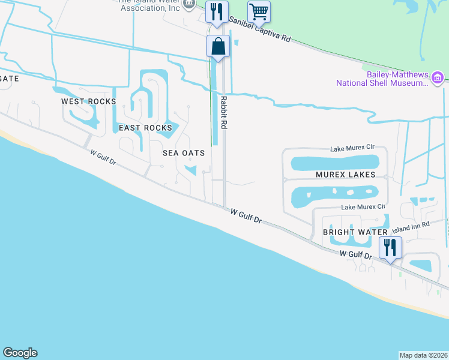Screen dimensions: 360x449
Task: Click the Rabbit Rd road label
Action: (224, 113)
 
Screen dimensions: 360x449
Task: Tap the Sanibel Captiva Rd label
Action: (259, 29)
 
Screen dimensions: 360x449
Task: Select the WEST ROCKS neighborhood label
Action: (88, 101)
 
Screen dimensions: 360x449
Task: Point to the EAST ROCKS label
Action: (145, 128)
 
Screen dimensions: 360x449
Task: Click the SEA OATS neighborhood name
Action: (184, 153)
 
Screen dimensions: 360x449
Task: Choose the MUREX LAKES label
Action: (345, 175)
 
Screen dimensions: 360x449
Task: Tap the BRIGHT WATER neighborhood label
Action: (355, 232)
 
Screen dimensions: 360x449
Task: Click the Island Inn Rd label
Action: (411, 227)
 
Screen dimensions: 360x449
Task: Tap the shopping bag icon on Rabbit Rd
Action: (218, 46)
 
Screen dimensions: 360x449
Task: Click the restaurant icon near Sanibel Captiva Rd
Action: (216, 11)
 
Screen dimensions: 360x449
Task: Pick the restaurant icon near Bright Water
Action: (391, 247)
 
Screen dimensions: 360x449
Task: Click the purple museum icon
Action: (438, 77)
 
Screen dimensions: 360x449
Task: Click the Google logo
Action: (20, 353)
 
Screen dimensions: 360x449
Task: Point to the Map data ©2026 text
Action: (423, 355)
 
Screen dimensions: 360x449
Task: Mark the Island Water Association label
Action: (150, 6)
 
